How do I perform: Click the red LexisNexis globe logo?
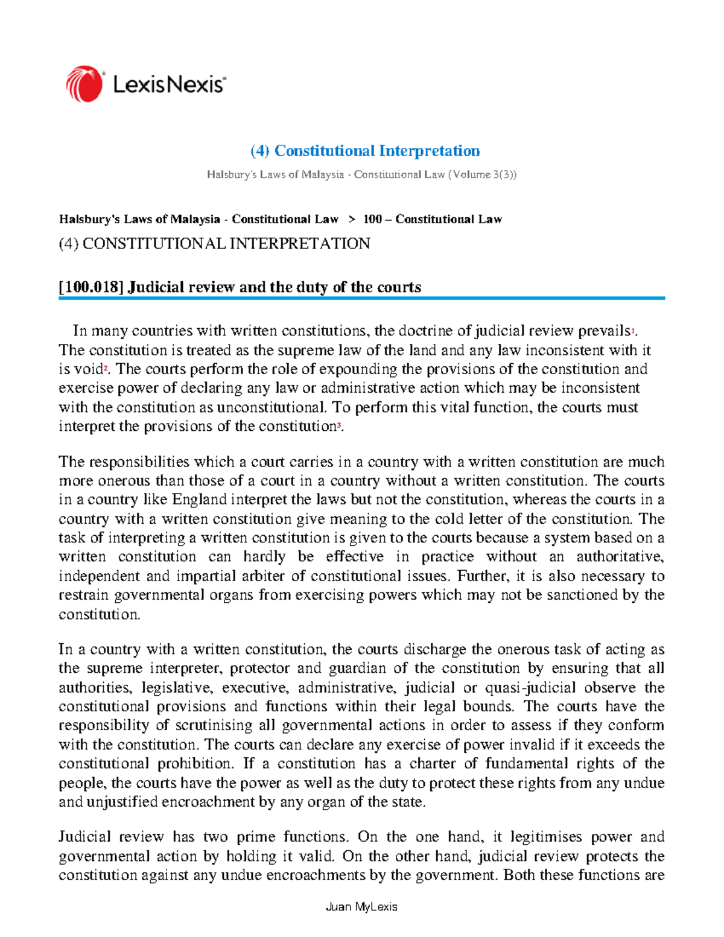(84, 84)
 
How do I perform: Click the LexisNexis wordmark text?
(169, 84)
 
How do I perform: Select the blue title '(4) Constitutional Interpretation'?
(365, 150)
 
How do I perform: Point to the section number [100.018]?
(91, 287)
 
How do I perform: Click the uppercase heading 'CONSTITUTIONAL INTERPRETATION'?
(226, 244)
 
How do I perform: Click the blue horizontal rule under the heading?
(361, 298)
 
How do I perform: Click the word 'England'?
(199, 500)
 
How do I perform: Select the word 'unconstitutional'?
(271, 407)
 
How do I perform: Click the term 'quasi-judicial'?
(530, 687)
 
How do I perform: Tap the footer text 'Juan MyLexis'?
(361, 907)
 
